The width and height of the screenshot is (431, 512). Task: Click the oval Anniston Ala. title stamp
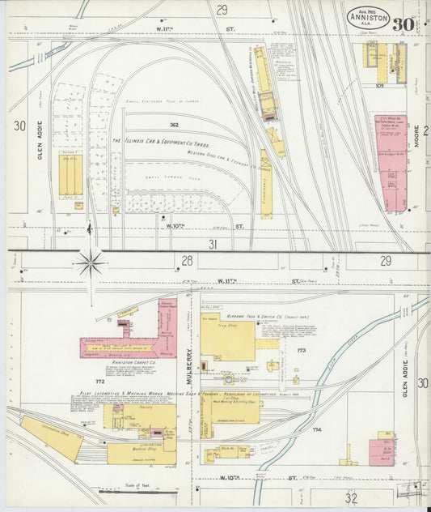point(368,17)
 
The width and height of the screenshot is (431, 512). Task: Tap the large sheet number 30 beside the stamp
point(402,23)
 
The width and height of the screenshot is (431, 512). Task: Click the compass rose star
point(91,262)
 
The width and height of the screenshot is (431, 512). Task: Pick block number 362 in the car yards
point(173,125)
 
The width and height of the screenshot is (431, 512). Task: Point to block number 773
point(301,351)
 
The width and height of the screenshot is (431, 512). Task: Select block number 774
point(317,429)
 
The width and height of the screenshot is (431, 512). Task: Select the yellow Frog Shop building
point(228,339)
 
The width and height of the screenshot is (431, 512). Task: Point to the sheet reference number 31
point(213,243)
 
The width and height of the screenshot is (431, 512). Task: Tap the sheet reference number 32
point(350,498)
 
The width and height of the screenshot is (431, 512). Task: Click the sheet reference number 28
point(187,260)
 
